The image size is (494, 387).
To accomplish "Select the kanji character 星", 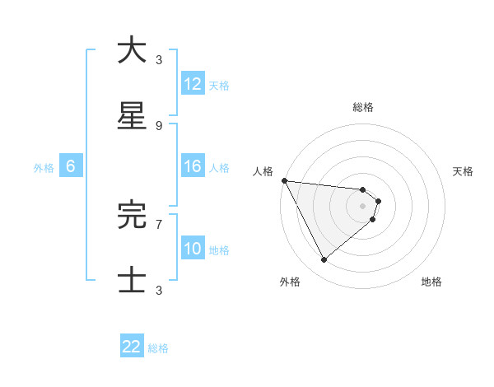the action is [132, 116].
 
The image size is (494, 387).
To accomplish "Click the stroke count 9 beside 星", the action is [159, 125].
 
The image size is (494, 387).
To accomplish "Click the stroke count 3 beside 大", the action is [159, 59].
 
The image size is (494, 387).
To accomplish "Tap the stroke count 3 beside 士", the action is [159, 290].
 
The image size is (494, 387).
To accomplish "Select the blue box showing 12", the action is [193, 84].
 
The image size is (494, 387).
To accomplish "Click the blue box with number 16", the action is [193, 166].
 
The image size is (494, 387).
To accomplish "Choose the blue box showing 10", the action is [193, 249].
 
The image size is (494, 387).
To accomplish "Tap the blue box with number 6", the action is [71, 166].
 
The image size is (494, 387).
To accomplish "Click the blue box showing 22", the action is [132, 347].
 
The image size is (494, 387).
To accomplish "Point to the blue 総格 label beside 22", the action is [158, 348].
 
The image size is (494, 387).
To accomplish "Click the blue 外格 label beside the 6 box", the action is [44, 168].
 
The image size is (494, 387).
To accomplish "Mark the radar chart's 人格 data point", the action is [284, 180].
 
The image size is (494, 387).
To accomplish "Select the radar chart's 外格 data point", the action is [324, 260].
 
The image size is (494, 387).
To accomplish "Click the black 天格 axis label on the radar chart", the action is [464, 171].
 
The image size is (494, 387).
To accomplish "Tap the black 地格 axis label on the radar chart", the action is [431, 282].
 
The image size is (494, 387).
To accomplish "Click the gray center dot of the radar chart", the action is [362, 206].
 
